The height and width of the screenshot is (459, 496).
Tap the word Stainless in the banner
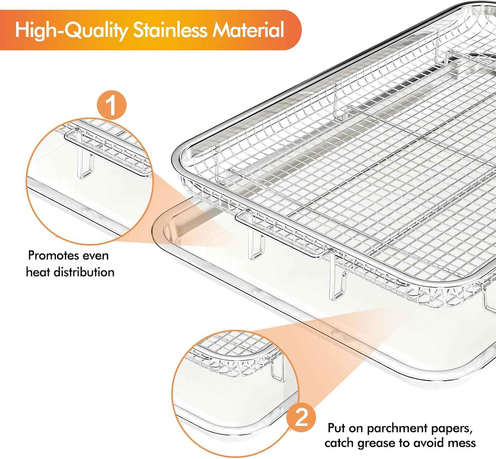click(170, 30)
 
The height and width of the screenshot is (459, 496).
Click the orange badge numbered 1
click(112, 105)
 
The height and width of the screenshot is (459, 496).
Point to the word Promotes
click(53, 256)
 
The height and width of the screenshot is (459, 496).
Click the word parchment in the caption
click(396, 429)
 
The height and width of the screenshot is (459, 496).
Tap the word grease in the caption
click(376, 443)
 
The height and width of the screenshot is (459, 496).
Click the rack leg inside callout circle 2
click(278, 370)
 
